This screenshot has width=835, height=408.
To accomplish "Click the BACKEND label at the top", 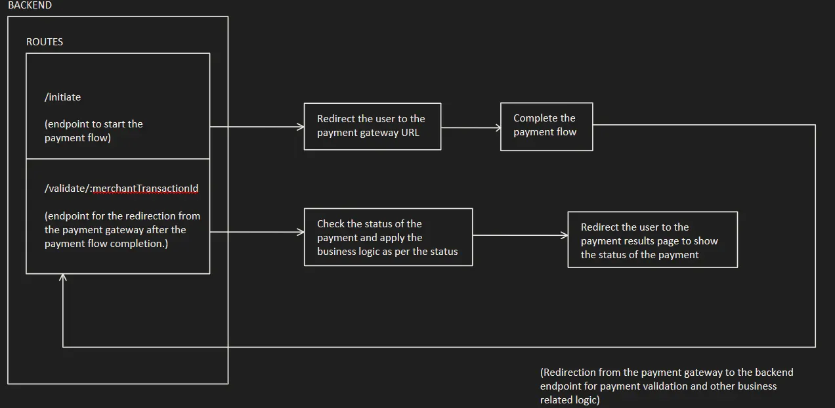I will [x=30, y=5].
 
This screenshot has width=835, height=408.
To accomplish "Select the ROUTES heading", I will [x=45, y=41].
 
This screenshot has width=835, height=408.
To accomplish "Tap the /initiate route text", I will [x=63, y=97].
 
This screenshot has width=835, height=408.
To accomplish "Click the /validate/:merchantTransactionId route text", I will [x=121, y=189].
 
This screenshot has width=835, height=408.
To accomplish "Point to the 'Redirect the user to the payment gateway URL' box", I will [x=372, y=126].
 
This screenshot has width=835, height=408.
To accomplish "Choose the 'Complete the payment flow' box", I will [x=546, y=126].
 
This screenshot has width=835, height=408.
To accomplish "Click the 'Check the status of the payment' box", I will [x=388, y=237].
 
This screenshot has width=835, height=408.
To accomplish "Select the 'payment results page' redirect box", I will [x=653, y=240].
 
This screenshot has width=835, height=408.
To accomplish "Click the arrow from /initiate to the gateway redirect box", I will [x=256, y=127].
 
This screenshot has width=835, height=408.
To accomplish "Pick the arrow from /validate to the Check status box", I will [x=256, y=232].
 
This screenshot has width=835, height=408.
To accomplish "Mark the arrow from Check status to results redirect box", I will [x=519, y=235].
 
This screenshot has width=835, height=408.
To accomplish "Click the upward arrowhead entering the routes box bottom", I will [x=63, y=279].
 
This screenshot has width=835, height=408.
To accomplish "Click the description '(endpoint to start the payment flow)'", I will [x=93, y=131].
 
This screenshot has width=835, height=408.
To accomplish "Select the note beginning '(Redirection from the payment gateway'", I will [x=666, y=386].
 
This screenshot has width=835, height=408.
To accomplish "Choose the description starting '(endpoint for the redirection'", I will [x=122, y=229].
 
